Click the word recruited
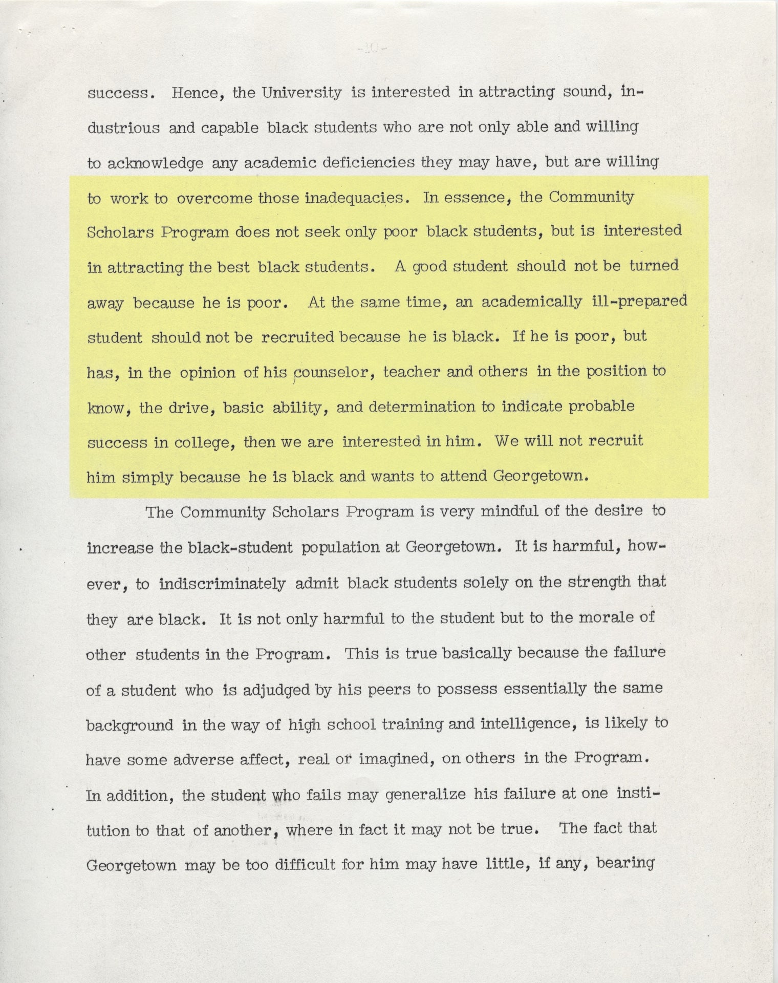click(x=298, y=337)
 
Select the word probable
click(x=601, y=407)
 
